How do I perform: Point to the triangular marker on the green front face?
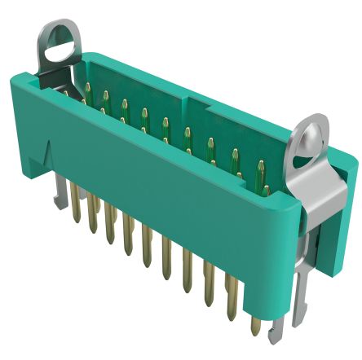click(x=49, y=151)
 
